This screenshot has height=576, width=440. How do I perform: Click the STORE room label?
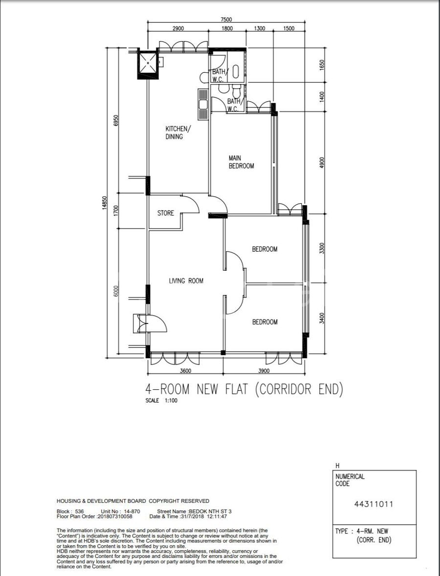click(x=165, y=213)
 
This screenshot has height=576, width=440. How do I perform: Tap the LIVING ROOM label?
click(x=186, y=281)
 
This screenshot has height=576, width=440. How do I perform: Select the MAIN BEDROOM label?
click(x=241, y=162)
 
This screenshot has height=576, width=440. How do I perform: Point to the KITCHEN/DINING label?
click(x=178, y=132)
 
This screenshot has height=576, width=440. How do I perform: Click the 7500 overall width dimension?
click(x=226, y=20)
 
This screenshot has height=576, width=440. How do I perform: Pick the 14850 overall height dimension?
click(x=104, y=203)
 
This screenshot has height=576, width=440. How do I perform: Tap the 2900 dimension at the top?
click(x=178, y=28)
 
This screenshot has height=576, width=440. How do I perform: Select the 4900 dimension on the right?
click(x=322, y=163)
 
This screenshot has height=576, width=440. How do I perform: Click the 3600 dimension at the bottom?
click(x=185, y=371)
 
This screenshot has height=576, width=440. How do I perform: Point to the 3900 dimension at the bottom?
click(x=264, y=371)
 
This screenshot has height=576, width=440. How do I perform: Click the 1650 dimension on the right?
click(x=322, y=65)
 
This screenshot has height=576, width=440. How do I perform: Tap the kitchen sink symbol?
click(x=203, y=105)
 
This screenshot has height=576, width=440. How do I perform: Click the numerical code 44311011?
click(x=374, y=504)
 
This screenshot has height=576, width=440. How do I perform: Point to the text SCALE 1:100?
click(x=161, y=401)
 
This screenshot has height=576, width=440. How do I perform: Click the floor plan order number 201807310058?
click(x=115, y=516)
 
